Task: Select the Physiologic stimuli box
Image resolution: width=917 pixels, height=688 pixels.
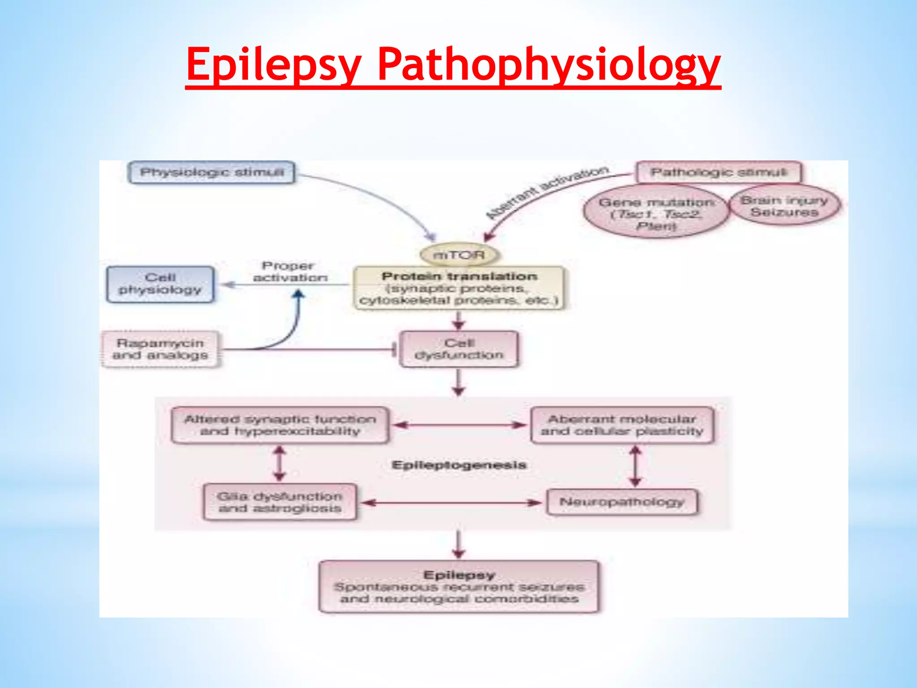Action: tap(211, 172)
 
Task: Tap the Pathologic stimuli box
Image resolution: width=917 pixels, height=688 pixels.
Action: tap(718, 172)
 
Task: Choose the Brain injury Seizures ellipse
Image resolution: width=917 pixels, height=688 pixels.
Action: tap(784, 206)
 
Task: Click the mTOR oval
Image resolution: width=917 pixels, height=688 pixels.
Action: tap(459, 255)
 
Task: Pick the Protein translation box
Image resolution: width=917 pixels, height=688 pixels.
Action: tap(459, 288)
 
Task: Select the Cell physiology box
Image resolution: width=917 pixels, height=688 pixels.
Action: tap(160, 284)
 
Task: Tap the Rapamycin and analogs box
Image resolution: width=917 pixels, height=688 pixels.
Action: tap(160, 349)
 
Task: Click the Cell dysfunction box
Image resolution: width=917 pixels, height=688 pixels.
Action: tap(459, 349)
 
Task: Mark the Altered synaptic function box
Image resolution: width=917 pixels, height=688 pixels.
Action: tap(280, 425)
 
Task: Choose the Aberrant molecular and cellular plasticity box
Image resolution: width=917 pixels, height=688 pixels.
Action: tap(622, 425)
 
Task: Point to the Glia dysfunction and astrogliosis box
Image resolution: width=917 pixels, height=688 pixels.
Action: tap(280, 502)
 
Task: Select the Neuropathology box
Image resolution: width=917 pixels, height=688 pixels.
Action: tap(622, 502)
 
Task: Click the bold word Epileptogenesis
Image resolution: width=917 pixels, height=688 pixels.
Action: tap(459, 465)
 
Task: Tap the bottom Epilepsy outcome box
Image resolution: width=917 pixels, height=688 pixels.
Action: tap(459, 586)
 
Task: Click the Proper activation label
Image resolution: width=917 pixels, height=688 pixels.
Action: tap(289, 271)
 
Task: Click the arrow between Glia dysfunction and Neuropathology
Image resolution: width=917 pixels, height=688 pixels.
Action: tap(451, 503)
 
